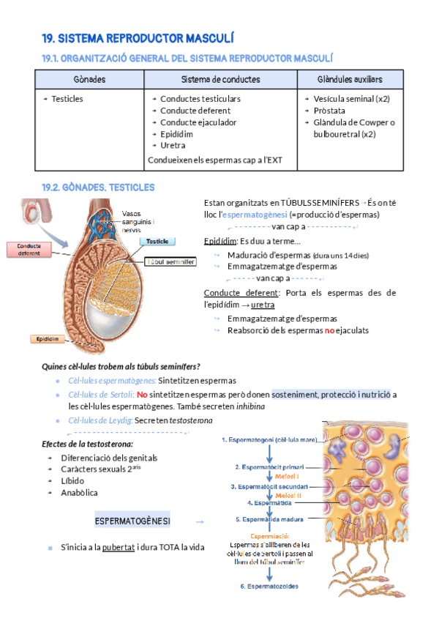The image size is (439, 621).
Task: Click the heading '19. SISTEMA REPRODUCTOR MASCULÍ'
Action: (x=138, y=38)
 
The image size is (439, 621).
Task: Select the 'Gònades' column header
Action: (x=90, y=79)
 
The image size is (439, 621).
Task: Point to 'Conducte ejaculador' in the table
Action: (x=198, y=122)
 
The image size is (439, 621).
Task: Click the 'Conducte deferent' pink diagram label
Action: (x=29, y=249)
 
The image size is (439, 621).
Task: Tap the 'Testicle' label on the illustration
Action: (x=158, y=241)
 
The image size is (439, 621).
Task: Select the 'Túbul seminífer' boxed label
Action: (x=171, y=261)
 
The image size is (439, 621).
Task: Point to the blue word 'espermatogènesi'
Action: (x=254, y=215)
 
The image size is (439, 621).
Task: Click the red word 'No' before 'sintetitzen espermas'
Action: (x=142, y=395)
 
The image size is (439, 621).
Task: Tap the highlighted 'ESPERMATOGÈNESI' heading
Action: (x=132, y=521)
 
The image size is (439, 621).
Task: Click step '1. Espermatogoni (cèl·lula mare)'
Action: (x=271, y=440)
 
